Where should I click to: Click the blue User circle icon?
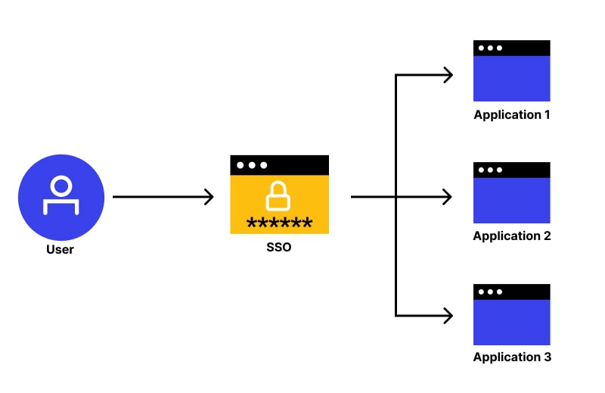tap(60, 198)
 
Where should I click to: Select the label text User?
tap(60, 249)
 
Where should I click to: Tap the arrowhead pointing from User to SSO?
tap(209, 197)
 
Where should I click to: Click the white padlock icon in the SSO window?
tap(279, 197)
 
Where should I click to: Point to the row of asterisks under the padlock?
tap(279, 223)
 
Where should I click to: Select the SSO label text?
tap(279, 247)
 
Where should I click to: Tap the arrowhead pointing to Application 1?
tap(448, 74)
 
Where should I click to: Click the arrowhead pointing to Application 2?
tap(448, 197)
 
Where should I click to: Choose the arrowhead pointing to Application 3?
tap(448, 314)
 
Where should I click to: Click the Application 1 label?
tap(512, 115)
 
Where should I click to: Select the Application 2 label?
tap(512, 236)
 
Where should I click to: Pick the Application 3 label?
tap(512, 357)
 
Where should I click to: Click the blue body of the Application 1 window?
tap(512, 79)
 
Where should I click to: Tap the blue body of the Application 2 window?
tap(512, 201)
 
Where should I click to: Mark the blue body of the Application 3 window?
tap(512, 323)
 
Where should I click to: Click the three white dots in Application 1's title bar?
tap(490, 48)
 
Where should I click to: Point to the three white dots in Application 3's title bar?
tap(490, 292)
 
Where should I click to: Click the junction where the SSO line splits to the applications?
tap(396, 197)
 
